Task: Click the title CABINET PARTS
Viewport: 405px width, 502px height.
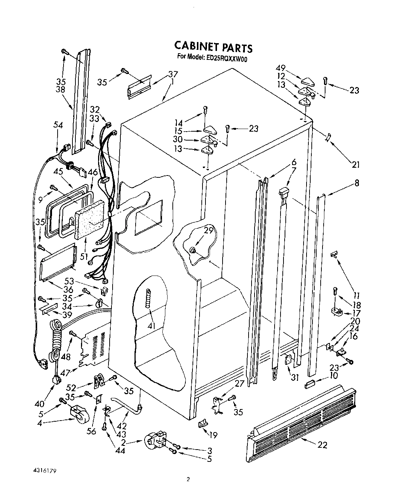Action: tap(213, 47)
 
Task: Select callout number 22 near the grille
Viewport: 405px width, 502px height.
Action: tap(323, 444)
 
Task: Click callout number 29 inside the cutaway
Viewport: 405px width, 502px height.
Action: tap(208, 230)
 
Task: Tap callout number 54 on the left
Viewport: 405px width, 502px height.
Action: tap(58, 126)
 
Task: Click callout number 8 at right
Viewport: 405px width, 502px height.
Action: tap(357, 183)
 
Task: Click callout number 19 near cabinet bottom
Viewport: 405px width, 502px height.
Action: tap(213, 435)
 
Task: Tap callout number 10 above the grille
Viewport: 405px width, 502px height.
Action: tap(333, 376)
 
